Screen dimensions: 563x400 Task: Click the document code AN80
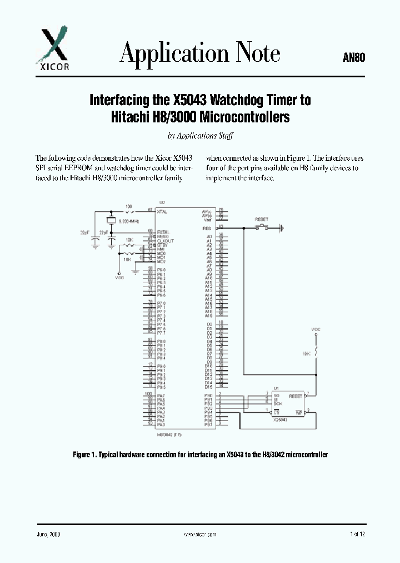(x=353, y=57)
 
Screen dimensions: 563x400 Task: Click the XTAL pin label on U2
(x=162, y=211)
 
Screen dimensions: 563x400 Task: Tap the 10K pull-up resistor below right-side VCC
(x=317, y=352)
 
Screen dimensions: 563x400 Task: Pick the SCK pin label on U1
(x=278, y=404)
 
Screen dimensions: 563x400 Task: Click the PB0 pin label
(x=208, y=396)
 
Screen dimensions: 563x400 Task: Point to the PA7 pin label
(x=161, y=396)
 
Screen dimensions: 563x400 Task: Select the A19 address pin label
(x=209, y=316)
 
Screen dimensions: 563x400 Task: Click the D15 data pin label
(x=209, y=387)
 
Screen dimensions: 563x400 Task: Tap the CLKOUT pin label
(x=165, y=241)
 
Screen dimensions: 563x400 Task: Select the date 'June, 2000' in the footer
(x=48, y=534)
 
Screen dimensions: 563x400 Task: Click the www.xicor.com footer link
(x=199, y=534)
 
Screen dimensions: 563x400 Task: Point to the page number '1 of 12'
(x=358, y=534)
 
